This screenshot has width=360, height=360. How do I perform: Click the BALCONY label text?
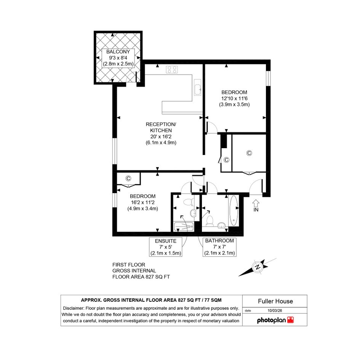click(118, 52)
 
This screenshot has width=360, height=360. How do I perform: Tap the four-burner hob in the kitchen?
click(172, 70)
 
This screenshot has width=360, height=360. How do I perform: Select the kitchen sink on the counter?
click(197, 87)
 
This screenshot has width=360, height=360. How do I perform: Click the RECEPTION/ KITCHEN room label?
click(161, 127)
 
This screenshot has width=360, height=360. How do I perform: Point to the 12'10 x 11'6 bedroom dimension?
click(234, 99)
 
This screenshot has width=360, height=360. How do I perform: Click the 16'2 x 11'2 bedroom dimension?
click(143, 203)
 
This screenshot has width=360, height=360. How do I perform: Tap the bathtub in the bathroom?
click(234, 211)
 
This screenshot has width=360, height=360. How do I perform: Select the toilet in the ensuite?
click(189, 202)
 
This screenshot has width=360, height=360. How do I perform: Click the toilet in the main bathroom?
click(210, 221)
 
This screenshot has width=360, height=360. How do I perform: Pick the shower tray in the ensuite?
click(184, 226)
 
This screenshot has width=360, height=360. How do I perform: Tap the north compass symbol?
click(258, 267)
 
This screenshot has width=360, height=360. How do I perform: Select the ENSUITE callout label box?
click(166, 247)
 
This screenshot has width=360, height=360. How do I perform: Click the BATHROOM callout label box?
click(219, 247)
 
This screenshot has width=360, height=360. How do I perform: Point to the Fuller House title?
click(275, 301)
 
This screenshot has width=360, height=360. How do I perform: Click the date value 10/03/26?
click(275, 310)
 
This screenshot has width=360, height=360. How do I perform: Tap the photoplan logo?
click(275, 320)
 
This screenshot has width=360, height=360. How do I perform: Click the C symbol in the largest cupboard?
click(249, 153)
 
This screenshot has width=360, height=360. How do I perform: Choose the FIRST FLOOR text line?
click(129, 265)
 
